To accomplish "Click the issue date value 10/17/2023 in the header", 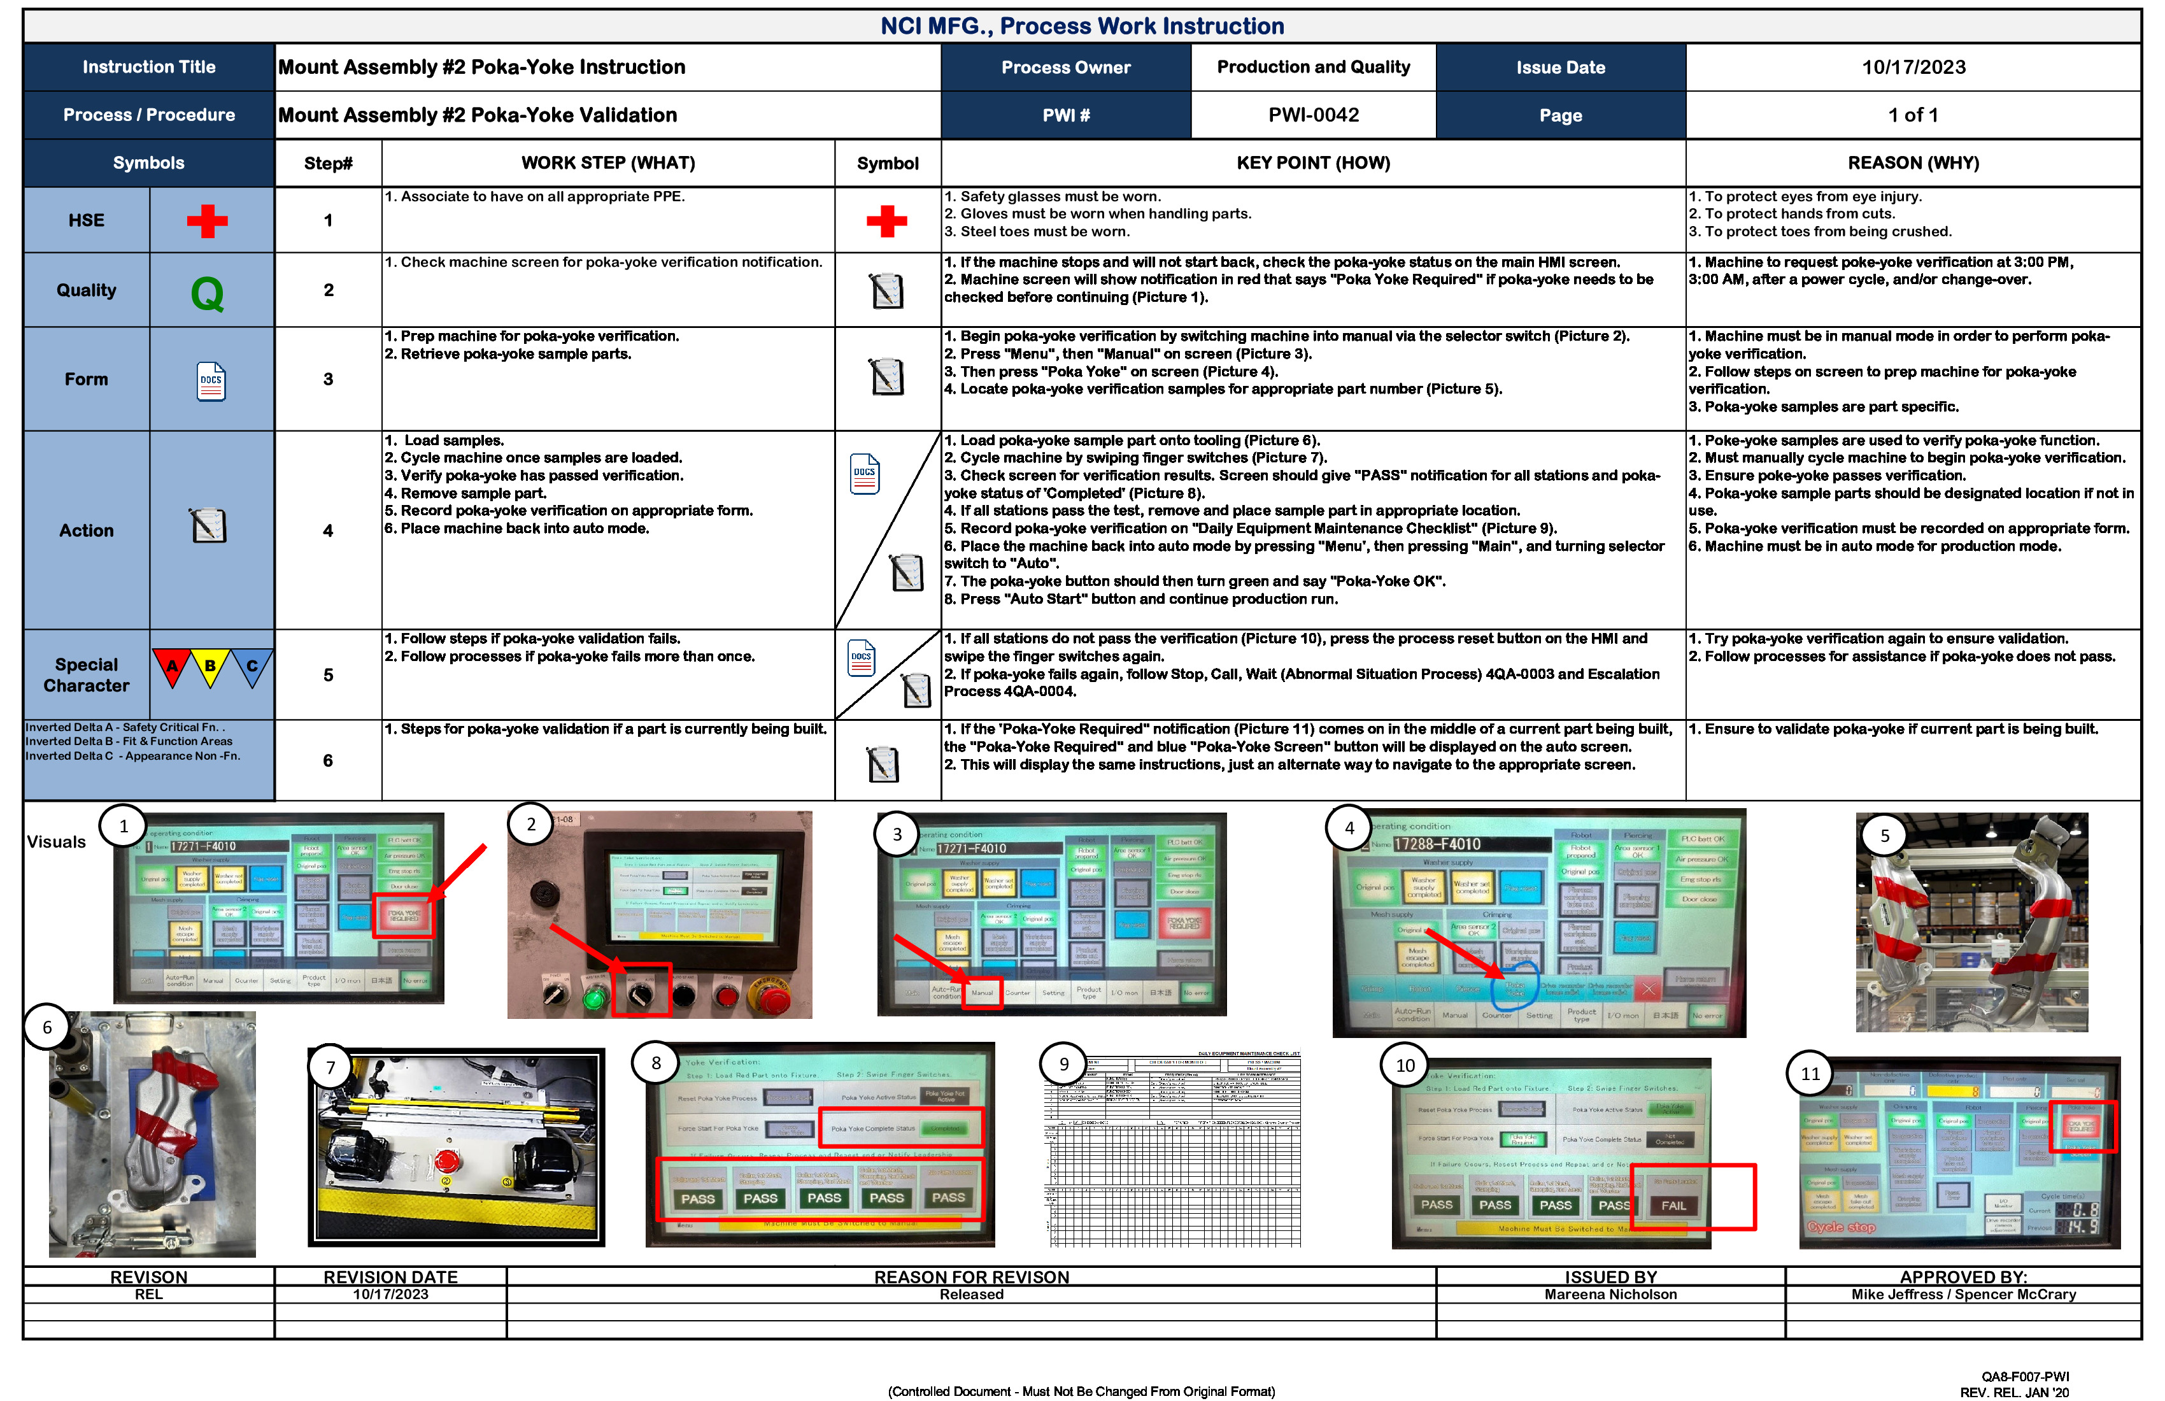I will (x=1913, y=68).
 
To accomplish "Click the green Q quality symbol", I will (x=208, y=293).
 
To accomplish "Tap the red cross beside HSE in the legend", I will (x=208, y=221).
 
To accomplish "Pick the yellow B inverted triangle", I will (x=210, y=666).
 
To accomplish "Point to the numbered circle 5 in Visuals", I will (x=1884, y=835).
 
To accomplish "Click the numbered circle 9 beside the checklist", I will (x=1063, y=1064).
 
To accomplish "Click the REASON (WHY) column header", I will (x=1912, y=163).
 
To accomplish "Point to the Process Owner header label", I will (x=1065, y=68).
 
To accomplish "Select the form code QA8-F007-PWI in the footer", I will (x=2025, y=1376).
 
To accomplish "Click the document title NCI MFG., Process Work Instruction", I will (x=1082, y=26).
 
